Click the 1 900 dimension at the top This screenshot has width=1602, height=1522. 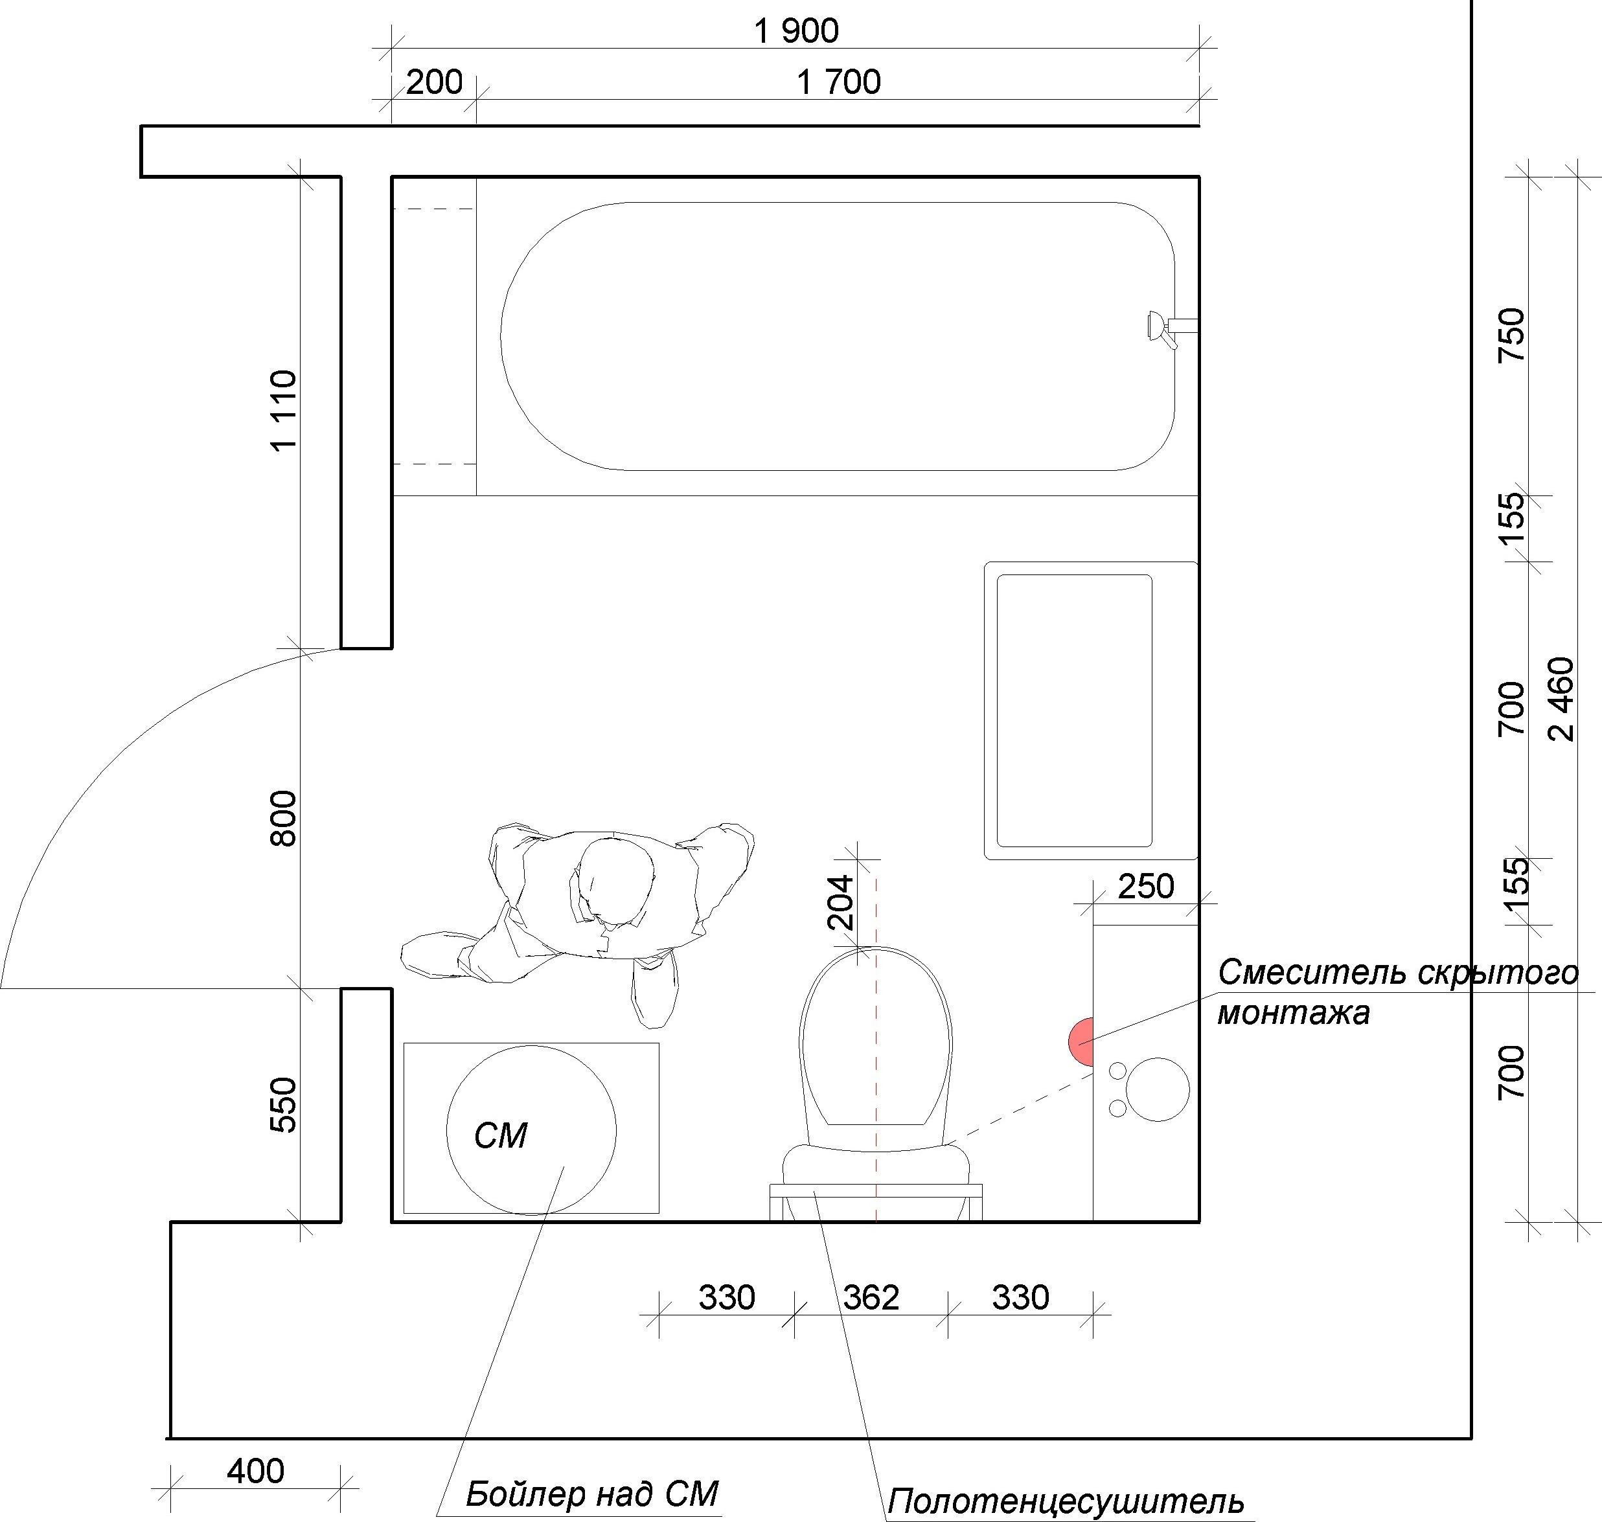(795, 32)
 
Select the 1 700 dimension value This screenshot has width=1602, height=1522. (838, 83)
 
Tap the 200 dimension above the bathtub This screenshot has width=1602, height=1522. (434, 83)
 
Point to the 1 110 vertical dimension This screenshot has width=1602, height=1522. (284, 411)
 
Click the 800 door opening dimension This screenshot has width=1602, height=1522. (284, 818)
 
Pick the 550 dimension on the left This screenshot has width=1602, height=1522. (284, 1104)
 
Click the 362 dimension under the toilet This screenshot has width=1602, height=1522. (871, 1298)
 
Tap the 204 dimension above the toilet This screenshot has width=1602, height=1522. (840, 902)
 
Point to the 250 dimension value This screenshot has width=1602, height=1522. (1146, 887)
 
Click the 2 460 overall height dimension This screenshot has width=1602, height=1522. (1561, 699)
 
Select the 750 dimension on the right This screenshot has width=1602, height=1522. (1512, 335)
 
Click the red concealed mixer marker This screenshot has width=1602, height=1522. (1082, 1041)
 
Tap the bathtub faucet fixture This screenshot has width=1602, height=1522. (1169, 328)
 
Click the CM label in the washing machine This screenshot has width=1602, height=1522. (501, 1136)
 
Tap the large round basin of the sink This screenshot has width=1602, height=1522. (1158, 1089)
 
